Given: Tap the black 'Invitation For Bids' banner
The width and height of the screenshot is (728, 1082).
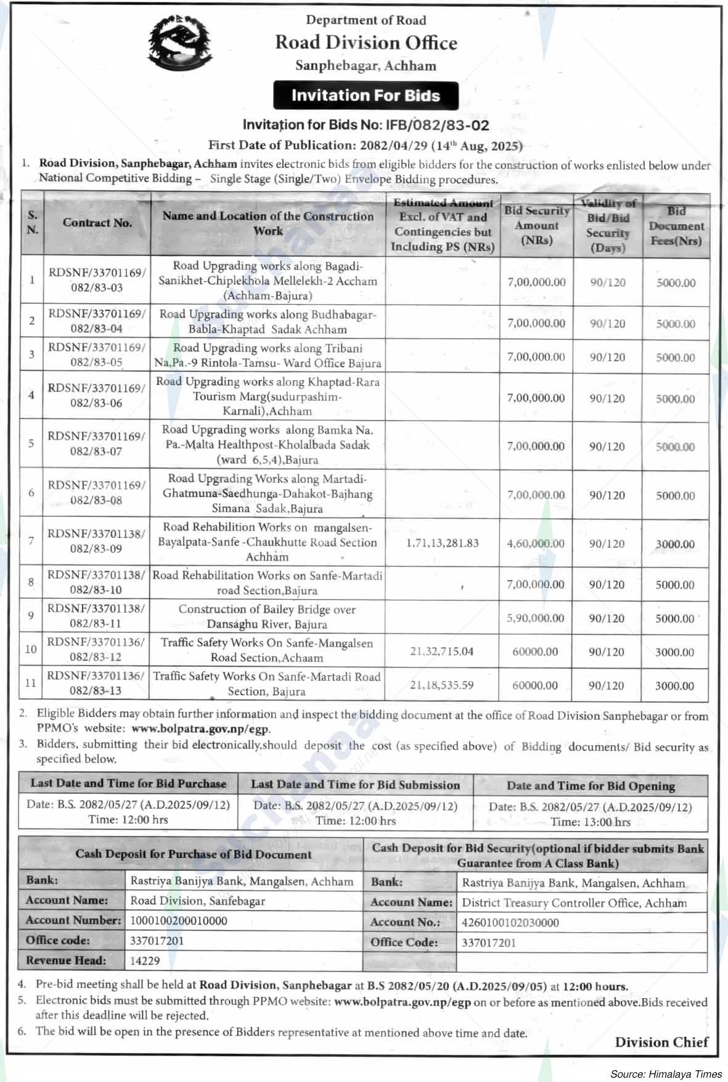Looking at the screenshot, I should click(366, 96).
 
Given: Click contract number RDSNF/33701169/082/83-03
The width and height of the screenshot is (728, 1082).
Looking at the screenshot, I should click(97, 279).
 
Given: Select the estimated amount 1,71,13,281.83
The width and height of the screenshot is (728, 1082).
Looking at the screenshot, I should click(443, 543).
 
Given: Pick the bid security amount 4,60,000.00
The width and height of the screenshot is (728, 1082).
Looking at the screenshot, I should click(536, 543).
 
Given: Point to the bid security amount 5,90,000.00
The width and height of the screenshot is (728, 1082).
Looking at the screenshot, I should click(536, 617).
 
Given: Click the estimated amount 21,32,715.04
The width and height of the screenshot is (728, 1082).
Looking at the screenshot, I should click(441, 651).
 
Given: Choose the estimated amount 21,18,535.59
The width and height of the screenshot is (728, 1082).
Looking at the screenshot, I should click(441, 685).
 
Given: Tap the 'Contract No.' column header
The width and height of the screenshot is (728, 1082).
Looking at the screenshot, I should click(97, 223).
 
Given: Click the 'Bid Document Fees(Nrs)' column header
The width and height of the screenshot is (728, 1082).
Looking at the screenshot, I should click(676, 226).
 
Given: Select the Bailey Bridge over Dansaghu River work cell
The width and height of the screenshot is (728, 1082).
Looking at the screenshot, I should click(267, 616).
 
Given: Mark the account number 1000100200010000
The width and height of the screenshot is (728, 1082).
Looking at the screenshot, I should click(179, 920).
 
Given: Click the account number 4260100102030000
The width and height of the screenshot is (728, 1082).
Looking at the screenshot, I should click(510, 922).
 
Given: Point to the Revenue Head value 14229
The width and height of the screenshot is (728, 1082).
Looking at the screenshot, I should click(145, 960).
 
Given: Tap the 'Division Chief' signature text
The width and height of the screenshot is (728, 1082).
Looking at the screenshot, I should click(661, 1042).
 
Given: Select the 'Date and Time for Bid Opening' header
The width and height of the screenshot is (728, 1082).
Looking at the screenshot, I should click(591, 786).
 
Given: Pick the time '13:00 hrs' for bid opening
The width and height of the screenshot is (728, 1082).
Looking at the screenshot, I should click(591, 822).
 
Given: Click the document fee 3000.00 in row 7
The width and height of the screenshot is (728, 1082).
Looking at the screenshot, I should click(675, 544).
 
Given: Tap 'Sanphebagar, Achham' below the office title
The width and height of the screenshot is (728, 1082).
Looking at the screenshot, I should click(366, 66).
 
